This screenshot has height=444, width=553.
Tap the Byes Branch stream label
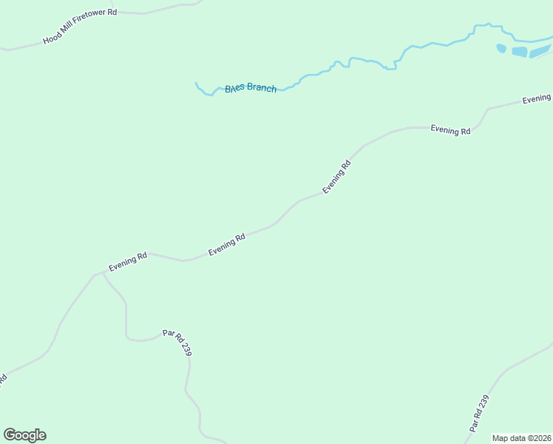tap(251, 88)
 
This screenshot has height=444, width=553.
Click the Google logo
tap(24, 435)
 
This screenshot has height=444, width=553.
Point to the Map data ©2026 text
tap(521, 438)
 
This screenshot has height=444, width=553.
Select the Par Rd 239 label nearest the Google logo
tap(177, 343)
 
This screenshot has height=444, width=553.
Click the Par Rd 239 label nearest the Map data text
tap(479, 414)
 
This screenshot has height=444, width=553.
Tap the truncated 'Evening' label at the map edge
tap(537, 98)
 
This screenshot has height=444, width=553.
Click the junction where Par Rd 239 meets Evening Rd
tap(101, 272)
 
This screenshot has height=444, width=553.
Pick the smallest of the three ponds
tap(501, 49)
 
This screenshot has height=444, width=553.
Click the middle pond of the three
tap(520, 52)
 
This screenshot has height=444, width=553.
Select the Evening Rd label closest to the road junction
tap(128, 261)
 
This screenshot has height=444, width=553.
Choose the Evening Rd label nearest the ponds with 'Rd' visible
tap(451, 130)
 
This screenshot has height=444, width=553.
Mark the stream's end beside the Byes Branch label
tap(196, 83)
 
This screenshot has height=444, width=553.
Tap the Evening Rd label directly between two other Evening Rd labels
tap(226, 245)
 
